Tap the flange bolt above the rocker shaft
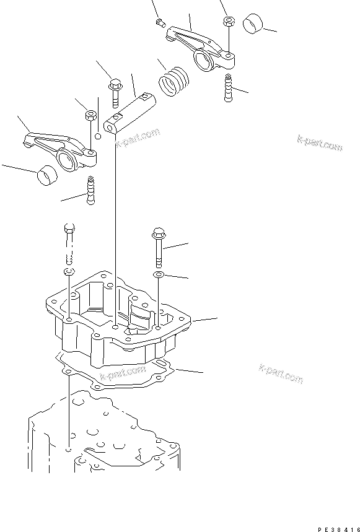click(115, 91)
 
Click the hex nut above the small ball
click(89, 115)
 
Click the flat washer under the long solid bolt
click(158, 274)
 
